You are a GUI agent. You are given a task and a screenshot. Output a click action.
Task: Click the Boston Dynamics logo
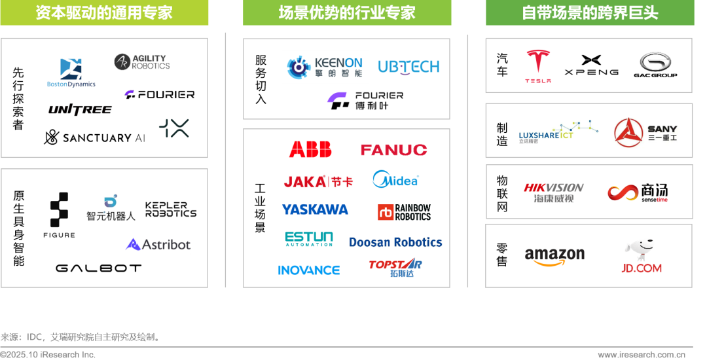click(71, 73)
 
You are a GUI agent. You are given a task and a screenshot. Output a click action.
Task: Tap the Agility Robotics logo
click(142, 62)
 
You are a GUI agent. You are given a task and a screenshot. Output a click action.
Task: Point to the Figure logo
click(60, 215)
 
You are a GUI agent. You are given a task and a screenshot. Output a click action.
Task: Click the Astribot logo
click(158, 245)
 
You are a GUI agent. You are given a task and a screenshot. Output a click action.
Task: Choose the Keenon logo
click(325, 67)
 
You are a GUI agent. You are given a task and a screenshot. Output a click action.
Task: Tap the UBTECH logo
click(408, 67)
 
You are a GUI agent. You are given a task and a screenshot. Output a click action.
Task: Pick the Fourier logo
click(365, 100)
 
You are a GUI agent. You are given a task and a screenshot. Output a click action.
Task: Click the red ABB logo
click(310, 150)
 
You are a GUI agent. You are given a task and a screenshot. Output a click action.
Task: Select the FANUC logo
click(393, 150)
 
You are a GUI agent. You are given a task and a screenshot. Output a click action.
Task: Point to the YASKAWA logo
click(315, 209)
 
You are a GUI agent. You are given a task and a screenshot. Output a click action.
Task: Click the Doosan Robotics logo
click(395, 242)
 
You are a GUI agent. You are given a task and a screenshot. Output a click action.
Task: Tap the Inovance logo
click(309, 270)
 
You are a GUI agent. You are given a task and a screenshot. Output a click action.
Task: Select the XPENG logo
click(590, 65)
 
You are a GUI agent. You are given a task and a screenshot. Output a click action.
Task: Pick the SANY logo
click(645, 133)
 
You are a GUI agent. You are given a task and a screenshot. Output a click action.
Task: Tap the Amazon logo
click(554, 257)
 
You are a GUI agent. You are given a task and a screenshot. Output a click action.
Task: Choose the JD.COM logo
click(642, 258)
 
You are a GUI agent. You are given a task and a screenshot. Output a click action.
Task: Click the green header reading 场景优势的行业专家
click(347, 13)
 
